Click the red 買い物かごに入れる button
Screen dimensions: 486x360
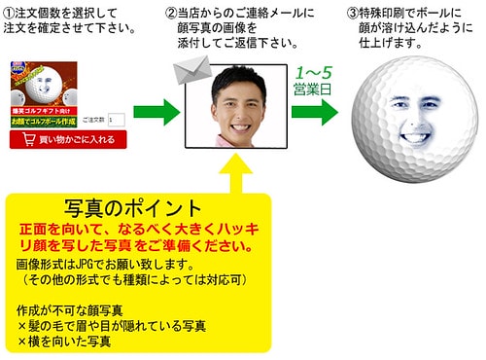[67, 140]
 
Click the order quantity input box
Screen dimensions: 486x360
[116, 120]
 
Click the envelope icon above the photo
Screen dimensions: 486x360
[191, 69]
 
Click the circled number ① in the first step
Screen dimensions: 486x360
[10, 13]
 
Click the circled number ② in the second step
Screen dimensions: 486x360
[172, 13]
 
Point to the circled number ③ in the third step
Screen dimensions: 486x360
[353, 13]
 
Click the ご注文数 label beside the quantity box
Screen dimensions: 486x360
[93, 120]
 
